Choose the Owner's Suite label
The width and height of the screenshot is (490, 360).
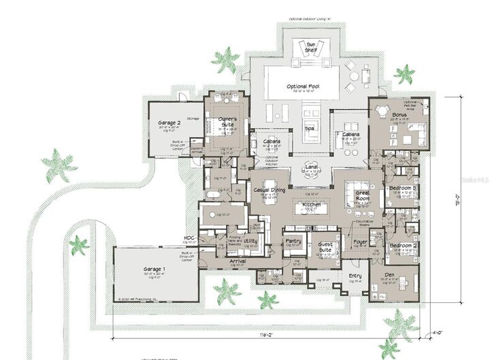(227, 122)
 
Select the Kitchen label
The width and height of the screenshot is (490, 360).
(311, 204)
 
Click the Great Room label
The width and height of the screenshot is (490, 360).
(362, 196)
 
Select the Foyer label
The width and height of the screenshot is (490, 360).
(361, 242)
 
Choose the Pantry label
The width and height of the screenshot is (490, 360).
(294, 242)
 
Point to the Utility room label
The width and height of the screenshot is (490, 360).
(250, 241)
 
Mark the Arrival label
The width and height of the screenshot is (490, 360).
(238, 261)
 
